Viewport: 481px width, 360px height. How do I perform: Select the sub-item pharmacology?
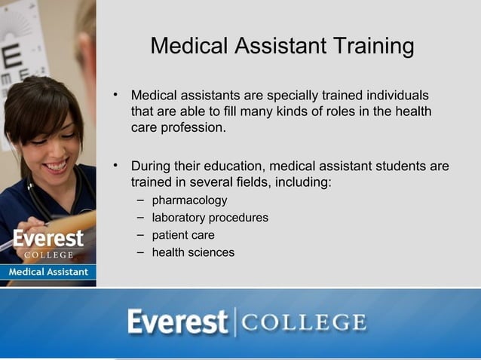[x=189, y=200]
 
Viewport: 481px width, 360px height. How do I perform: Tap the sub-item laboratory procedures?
[x=210, y=218]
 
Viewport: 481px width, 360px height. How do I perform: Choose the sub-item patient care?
[x=183, y=235]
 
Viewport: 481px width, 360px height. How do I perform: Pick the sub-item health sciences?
[x=193, y=252]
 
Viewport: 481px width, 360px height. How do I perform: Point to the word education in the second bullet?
[x=232, y=166]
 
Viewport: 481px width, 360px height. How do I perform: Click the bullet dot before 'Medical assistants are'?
[x=116, y=95]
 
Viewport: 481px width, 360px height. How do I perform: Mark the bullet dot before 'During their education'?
[x=116, y=165]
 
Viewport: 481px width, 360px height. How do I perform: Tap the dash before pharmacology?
[x=141, y=200]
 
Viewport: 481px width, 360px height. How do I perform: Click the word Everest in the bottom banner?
[x=177, y=322]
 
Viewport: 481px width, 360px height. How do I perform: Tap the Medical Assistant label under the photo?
[x=48, y=271]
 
